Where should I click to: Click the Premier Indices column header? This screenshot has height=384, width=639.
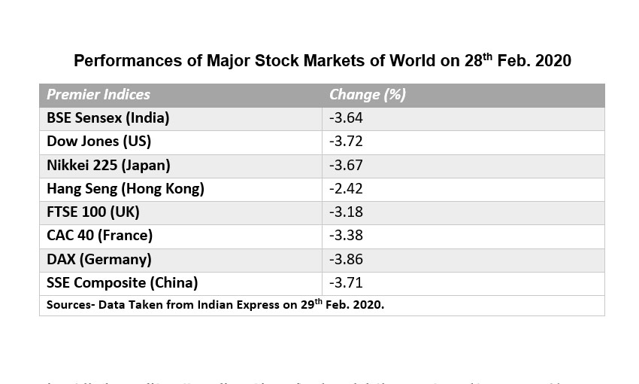(x=98, y=95)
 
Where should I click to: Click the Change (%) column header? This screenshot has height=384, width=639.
(x=367, y=95)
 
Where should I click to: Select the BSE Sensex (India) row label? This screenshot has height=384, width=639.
(x=108, y=118)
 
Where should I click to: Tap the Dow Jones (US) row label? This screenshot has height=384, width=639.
(x=98, y=142)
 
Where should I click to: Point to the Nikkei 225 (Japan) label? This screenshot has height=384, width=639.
(x=108, y=165)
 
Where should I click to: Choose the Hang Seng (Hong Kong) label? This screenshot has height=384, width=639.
(x=125, y=188)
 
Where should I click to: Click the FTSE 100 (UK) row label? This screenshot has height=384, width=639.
(x=92, y=212)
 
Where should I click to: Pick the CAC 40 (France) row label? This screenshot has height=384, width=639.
(x=99, y=236)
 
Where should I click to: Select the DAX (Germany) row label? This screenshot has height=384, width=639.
(x=98, y=259)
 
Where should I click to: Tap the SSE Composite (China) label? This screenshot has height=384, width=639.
(x=122, y=283)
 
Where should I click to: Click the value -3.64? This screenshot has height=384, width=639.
(x=346, y=118)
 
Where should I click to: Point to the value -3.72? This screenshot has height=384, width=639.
(x=346, y=142)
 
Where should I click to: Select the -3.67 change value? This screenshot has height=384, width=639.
(x=346, y=165)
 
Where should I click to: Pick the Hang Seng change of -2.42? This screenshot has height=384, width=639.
(x=346, y=188)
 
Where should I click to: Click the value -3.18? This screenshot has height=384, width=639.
(x=346, y=212)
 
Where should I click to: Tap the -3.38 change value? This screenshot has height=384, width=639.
(x=346, y=236)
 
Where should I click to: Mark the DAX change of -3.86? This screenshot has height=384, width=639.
(x=346, y=259)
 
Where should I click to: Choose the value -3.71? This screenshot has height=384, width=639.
(x=346, y=283)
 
